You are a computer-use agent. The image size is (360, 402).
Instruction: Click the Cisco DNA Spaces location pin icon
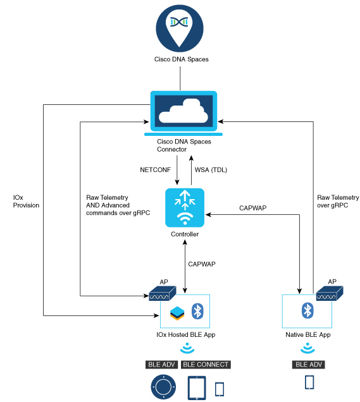[180, 28]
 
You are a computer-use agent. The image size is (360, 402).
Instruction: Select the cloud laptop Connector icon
[183, 113]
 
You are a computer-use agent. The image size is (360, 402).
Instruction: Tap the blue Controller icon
[185, 208]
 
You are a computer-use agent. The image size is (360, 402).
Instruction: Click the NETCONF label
[155, 170]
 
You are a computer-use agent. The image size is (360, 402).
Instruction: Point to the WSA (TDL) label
[211, 170]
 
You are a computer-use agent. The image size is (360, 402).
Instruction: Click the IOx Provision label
[26, 201]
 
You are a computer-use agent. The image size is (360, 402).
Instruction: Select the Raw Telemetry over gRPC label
[338, 201]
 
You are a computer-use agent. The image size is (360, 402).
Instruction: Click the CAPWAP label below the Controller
[202, 264]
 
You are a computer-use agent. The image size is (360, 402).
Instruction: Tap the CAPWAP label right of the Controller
[252, 208]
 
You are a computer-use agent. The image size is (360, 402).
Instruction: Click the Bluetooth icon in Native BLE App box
[307, 310]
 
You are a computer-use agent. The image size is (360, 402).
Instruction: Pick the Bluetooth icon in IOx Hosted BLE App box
[197, 311]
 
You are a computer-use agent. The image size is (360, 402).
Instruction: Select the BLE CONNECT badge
[206, 365]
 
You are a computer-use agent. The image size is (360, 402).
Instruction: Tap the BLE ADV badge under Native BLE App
[308, 365]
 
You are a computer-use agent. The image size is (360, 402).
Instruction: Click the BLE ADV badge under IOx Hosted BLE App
[162, 365]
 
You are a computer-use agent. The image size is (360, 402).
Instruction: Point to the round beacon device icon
[163, 387]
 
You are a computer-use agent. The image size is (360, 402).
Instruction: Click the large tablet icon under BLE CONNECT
[197, 388]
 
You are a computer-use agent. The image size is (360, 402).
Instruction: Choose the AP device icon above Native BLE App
[330, 293]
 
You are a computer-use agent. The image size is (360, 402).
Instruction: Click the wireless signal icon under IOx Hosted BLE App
[187, 348]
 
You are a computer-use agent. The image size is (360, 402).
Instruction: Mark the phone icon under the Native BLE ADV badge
[309, 382]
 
